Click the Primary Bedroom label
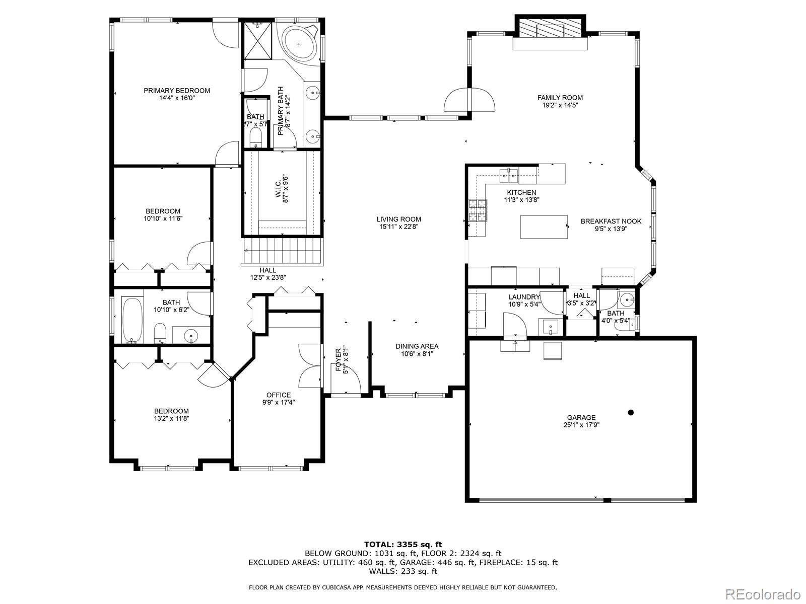tap(177, 91)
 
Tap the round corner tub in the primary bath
tap(299, 44)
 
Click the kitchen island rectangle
tap(544, 227)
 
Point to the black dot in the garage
tap(631, 413)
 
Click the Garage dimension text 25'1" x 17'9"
tap(581, 425)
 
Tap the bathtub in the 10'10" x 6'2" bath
tap(132, 320)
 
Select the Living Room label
tap(399, 219)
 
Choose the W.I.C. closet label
tap(278, 189)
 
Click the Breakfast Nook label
tap(611, 221)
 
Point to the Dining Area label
tap(417, 346)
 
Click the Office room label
tap(279, 395)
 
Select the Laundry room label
tap(524, 297)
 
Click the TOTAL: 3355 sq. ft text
tap(403, 545)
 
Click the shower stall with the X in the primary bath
tap(258, 40)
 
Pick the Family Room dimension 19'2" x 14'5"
tap(560, 105)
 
